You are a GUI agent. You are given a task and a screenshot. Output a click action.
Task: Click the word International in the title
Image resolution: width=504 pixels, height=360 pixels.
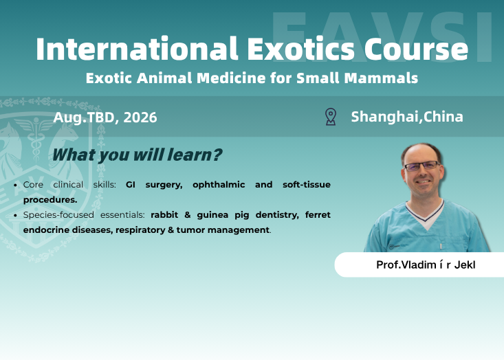[133, 49]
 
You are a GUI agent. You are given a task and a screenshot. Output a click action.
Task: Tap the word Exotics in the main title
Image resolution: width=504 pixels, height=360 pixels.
[298, 49]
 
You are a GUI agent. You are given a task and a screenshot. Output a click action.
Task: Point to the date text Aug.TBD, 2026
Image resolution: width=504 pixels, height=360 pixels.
[105, 117]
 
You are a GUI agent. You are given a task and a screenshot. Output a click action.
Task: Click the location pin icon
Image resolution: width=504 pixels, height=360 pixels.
[331, 117]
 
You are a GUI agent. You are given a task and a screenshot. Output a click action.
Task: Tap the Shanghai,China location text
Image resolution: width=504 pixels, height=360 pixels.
[407, 117]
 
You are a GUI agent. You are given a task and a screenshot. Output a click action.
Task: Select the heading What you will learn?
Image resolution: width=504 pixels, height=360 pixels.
[137, 155]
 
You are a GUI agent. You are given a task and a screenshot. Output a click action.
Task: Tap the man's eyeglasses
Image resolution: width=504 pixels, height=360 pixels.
[421, 166]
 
